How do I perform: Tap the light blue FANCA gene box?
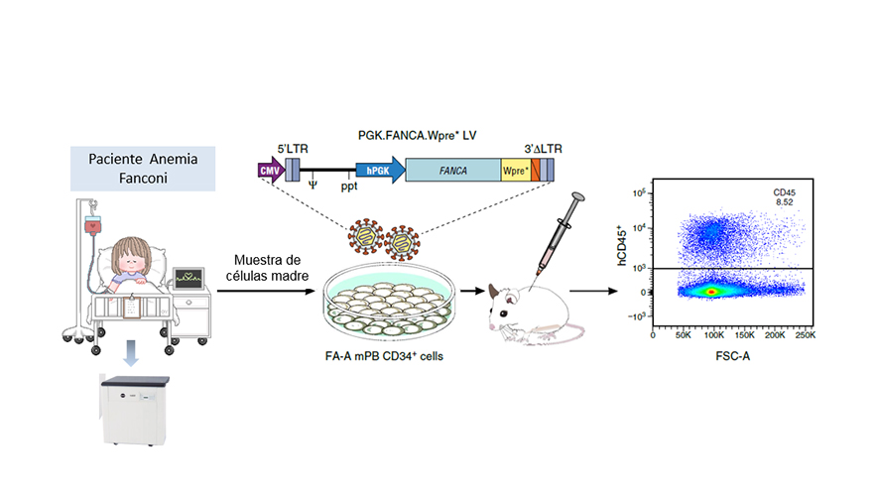click(453, 171)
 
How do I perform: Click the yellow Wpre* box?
click(515, 171)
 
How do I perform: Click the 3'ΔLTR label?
click(542, 149)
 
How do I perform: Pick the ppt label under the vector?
click(349, 186)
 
